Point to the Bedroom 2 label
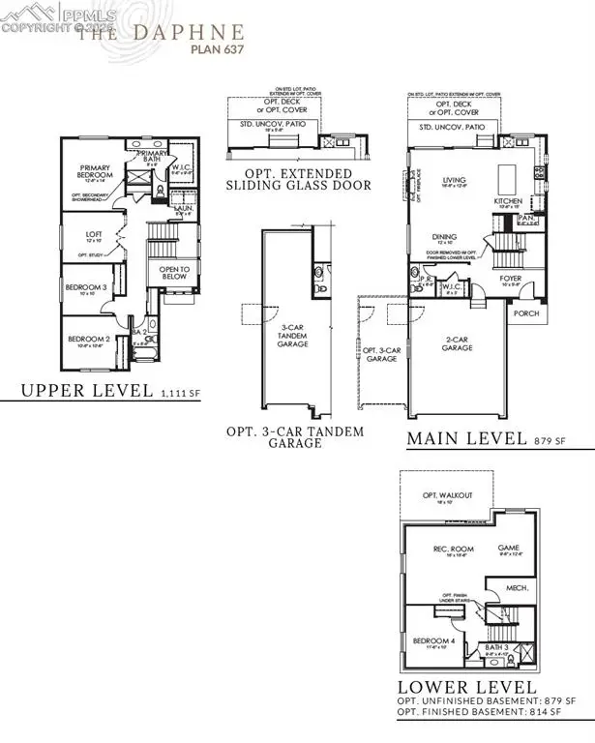[85, 340]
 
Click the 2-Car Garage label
[458, 342]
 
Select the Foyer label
[511, 278]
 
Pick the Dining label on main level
[446, 236]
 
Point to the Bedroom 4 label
[431, 639]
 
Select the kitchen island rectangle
[509, 180]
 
